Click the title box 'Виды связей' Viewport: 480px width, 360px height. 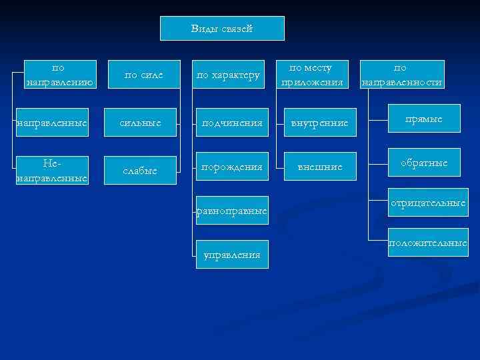click(222, 29)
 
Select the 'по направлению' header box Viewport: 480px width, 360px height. click(58, 75)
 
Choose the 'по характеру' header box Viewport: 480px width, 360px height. click(227, 75)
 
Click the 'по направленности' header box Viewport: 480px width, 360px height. click(402, 75)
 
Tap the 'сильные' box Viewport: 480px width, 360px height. click(141, 123)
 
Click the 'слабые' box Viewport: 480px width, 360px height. click(141, 171)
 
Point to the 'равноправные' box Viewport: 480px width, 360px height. click(231, 211)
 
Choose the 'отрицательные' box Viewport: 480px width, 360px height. click(427, 203)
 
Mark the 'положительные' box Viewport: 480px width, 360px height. click(427, 243)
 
